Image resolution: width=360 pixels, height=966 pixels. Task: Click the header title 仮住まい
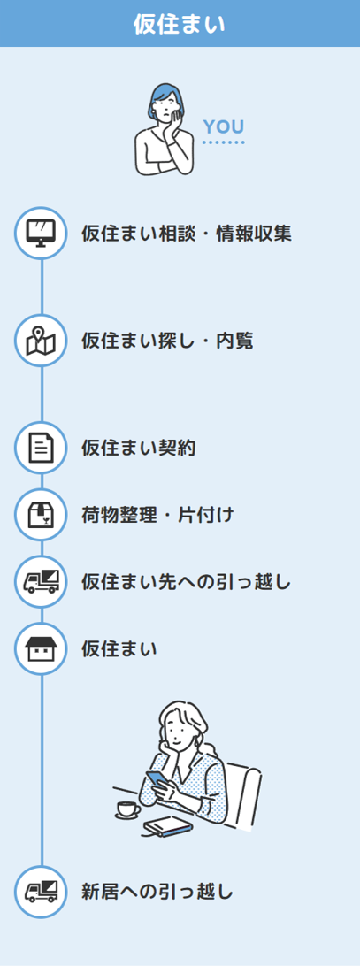click(180, 23)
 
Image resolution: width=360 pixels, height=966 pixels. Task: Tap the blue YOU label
click(224, 126)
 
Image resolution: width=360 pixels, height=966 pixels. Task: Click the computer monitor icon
click(42, 233)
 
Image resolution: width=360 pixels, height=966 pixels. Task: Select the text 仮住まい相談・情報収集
click(186, 234)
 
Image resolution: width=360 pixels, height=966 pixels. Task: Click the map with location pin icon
click(42, 341)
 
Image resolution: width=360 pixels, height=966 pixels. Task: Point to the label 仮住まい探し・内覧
click(167, 341)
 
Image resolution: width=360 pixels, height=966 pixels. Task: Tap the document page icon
click(42, 448)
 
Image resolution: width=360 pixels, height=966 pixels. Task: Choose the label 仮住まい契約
click(139, 448)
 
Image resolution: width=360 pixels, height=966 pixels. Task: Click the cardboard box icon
click(42, 515)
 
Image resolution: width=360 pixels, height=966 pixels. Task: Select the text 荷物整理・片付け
click(157, 515)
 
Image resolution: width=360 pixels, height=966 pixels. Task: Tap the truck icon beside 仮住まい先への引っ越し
click(42, 581)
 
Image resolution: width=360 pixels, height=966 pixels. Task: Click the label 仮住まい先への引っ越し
click(186, 581)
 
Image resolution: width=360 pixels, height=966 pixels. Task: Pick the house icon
click(42, 648)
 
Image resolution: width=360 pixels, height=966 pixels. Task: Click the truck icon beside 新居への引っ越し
click(42, 891)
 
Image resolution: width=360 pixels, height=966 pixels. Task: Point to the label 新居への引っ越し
click(157, 892)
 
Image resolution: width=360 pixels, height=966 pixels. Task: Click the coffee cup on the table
click(127, 809)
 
